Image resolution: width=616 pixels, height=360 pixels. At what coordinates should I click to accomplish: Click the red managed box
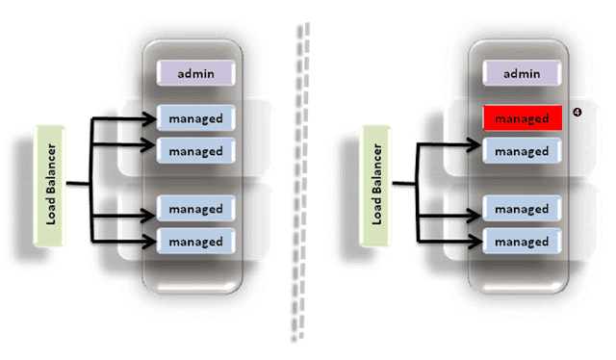521,118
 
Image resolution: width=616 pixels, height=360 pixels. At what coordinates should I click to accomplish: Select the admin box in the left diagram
196,73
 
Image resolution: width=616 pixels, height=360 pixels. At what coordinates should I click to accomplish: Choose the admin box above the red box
521,73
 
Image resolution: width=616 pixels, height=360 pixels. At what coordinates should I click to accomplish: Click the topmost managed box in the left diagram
196,119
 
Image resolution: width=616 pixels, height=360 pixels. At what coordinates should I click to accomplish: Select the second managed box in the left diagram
196,151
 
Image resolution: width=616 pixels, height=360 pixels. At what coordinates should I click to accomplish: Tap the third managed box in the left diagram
196,209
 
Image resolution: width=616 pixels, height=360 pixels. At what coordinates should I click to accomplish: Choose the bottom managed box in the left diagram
196,241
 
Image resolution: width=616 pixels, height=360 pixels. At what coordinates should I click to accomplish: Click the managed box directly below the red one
521,151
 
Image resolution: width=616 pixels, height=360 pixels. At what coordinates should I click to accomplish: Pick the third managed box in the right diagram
521,209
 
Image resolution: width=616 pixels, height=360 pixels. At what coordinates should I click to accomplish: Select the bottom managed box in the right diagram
521,241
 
